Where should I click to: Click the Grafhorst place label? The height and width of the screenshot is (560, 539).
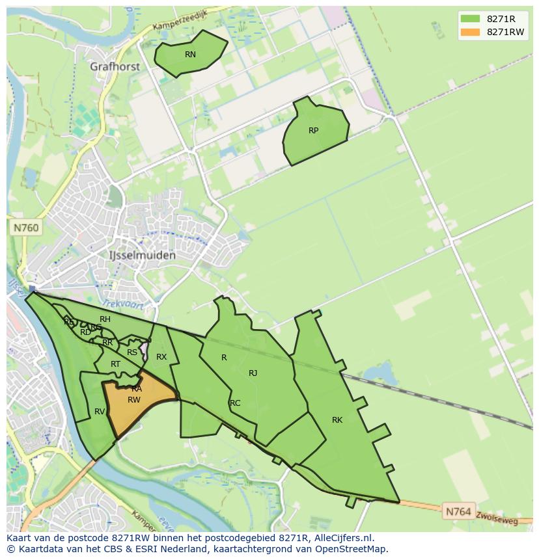point(114,66)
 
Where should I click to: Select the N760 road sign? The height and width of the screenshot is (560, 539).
point(25,228)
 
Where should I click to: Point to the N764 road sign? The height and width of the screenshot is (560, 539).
point(458,512)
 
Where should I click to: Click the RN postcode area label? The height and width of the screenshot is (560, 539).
point(190,55)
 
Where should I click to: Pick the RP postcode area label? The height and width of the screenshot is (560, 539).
point(313,131)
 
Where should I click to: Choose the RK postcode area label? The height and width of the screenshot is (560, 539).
point(337,420)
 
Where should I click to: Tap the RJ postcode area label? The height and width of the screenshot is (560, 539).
point(253,373)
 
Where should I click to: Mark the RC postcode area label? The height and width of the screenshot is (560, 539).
point(235,403)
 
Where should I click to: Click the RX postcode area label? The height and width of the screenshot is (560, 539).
point(161,357)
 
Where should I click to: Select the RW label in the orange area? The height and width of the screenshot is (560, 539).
point(133,400)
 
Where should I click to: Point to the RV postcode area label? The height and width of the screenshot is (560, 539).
point(100,412)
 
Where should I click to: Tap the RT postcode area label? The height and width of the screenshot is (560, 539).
point(115,364)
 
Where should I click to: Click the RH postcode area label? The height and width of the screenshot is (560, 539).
point(105,319)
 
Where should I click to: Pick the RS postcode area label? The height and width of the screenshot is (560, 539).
point(132,353)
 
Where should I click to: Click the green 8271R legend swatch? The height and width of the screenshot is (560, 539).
point(469,19)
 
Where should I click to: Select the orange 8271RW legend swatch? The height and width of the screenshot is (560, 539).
point(469,32)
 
